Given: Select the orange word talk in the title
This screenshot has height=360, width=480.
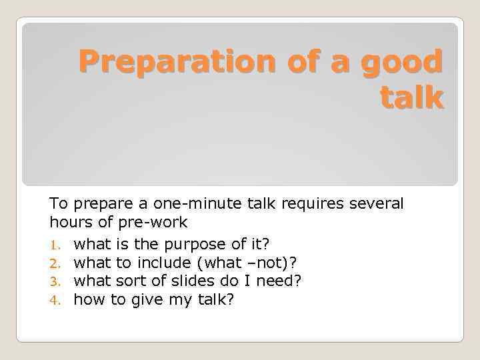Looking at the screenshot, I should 411,97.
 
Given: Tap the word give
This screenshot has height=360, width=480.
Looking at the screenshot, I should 147,301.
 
